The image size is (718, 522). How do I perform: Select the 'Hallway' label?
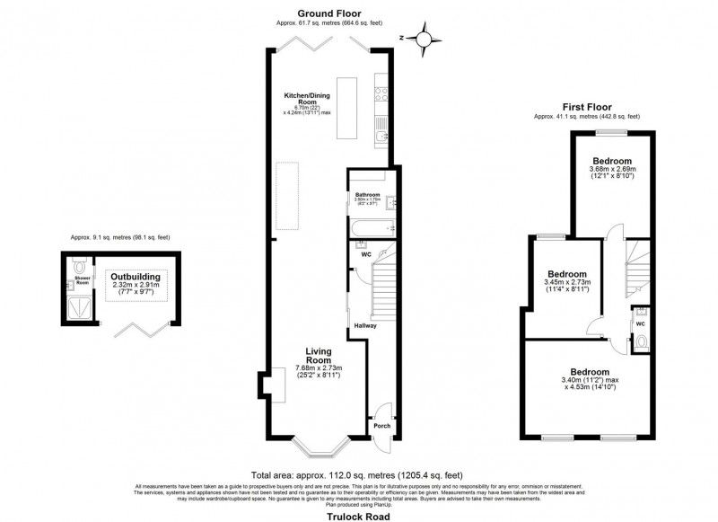(365, 325)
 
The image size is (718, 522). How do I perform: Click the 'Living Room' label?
(319, 356)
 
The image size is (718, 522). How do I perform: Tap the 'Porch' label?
(382, 426)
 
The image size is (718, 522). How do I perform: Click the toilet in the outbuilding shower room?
(79, 267)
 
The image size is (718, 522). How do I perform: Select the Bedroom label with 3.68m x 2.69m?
(599, 163)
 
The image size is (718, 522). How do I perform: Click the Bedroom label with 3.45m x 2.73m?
(567, 274)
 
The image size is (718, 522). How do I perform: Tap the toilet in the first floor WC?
(639, 341)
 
